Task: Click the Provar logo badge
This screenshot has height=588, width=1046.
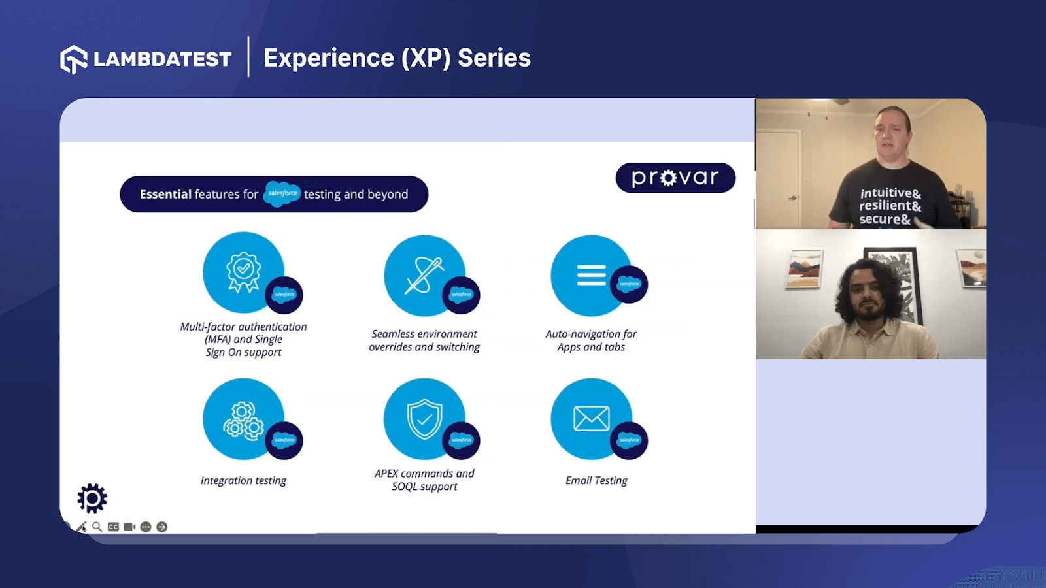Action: coord(675,178)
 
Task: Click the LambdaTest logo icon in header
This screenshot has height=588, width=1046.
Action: coord(74,59)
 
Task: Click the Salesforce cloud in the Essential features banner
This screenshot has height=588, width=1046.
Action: coord(282,193)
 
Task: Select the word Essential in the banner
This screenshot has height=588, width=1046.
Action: coord(165,194)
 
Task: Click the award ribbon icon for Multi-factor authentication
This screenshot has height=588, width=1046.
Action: coord(243,271)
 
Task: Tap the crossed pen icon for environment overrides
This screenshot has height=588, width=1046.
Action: coord(424,275)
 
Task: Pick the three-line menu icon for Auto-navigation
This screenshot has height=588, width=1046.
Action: coord(591,275)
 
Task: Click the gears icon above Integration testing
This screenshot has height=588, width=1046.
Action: coord(243,419)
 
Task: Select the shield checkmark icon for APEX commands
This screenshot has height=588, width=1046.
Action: coord(424,418)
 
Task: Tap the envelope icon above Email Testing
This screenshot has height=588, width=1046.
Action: coord(591,418)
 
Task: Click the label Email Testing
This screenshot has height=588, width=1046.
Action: coord(596,480)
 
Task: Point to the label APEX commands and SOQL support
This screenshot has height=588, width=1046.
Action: coord(424,480)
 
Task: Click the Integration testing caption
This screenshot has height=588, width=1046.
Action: coord(243,480)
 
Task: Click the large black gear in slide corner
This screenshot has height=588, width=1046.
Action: coord(92,498)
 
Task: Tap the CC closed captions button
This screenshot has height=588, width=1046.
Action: coord(113,527)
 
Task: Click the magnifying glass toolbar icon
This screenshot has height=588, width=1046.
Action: coord(97,527)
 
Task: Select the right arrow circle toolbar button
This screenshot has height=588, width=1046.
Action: coord(161,527)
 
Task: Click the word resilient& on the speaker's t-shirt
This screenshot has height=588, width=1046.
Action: coord(890,206)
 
